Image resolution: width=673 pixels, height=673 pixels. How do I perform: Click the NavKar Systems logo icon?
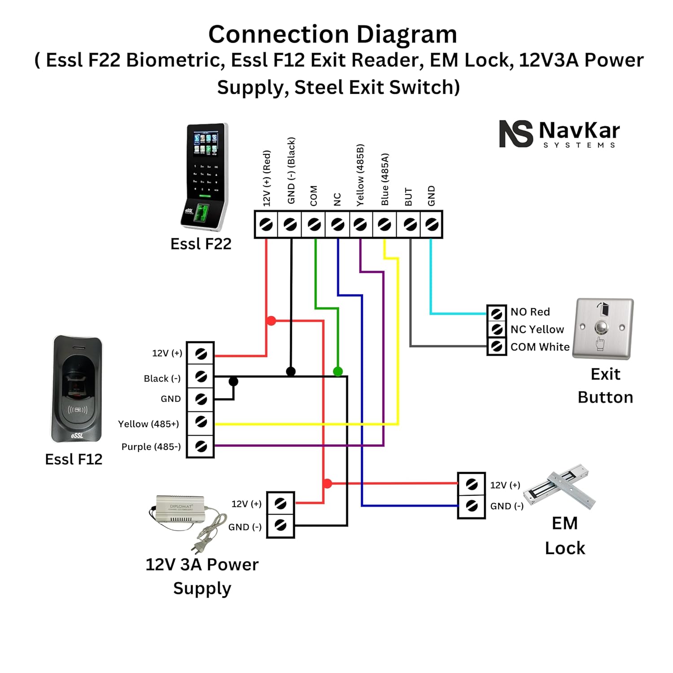(x=516, y=133)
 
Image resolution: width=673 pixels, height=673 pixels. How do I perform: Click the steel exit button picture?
(x=603, y=328)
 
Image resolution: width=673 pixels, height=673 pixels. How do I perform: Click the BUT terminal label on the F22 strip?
(x=408, y=197)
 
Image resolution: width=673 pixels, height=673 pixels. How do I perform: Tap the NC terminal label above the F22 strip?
(x=337, y=199)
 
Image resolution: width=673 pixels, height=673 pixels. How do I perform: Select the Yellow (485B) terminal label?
(x=360, y=175)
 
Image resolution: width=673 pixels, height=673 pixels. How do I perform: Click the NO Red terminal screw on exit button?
(x=497, y=313)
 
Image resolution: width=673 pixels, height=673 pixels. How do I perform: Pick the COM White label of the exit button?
(x=540, y=347)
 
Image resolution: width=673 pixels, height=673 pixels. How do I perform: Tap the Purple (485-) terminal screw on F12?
(x=201, y=446)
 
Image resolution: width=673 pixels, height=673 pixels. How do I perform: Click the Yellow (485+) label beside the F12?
(x=149, y=424)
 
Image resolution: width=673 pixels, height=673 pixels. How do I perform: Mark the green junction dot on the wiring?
(x=338, y=371)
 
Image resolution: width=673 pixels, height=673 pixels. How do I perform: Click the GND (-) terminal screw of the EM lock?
(x=471, y=506)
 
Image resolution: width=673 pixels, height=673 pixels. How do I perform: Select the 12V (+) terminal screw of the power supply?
(x=280, y=503)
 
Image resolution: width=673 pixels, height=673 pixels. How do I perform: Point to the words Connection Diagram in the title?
(x=332, y=35)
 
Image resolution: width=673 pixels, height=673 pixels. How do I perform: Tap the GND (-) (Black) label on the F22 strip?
(x=291, y=170)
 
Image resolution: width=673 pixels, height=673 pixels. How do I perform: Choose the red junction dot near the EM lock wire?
(x=328, y=483)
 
